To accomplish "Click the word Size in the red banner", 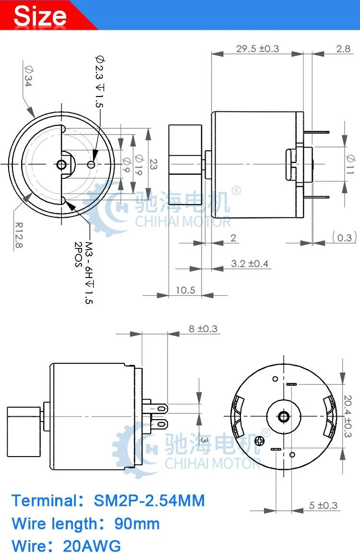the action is click(x=40, y=15).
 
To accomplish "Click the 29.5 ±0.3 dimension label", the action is click(x=257, y=48).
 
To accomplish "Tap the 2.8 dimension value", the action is click(x=343, y=48).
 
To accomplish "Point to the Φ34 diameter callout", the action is click(x=28, y=75).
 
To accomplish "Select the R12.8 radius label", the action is click(x=19, y=235).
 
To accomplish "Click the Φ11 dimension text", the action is click(x=350, y=164).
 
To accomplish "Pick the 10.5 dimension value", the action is click(x=185, y=290).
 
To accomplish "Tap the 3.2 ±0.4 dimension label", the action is click(x=250, y=264).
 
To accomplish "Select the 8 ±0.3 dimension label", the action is click(x=203, y=329).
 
